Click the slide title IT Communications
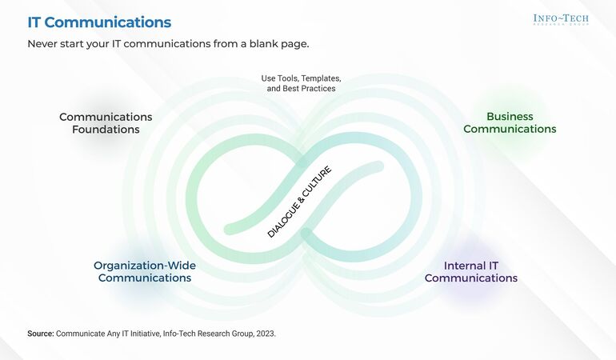(x=99, y=22)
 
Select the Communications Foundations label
(x=106, y=123)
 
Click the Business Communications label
(x=510, y=123)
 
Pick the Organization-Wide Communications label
(x=145, y=272)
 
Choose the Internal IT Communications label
(x=471, y=272)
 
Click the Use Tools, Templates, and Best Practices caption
(x=302, y=83)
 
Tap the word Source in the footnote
(x=40, y=334)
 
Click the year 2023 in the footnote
(x=265, y=334)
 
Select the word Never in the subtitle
(x=43, y=44)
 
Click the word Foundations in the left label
(x=106, y=130)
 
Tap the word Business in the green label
(x=510, y=117)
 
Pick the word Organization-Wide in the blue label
(x=145, y=266)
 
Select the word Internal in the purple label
(x=462, y=266)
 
